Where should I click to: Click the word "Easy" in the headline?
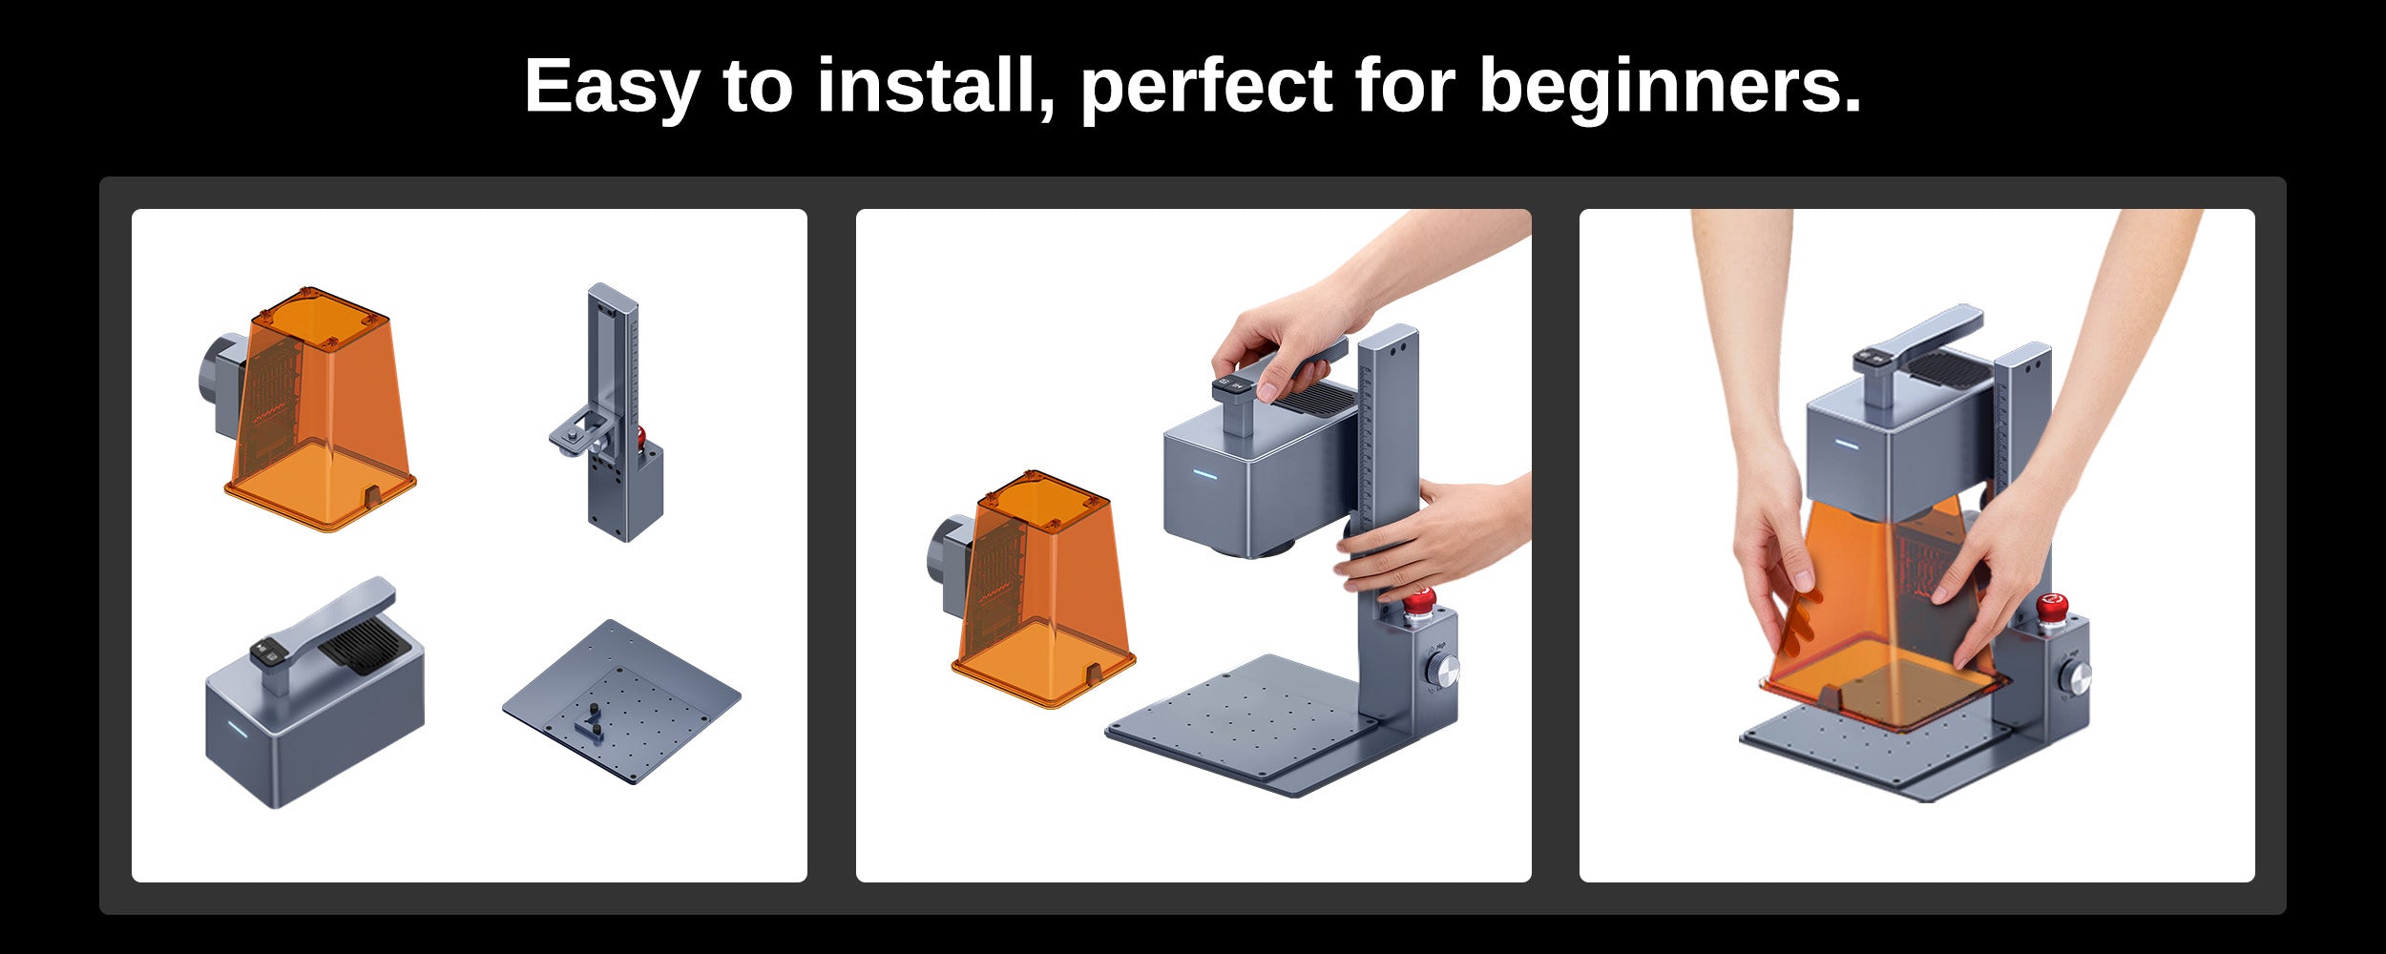(x=612, y=87)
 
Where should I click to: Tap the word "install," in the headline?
(x=935, y=85)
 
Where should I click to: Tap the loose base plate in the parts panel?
(x=621, y=702)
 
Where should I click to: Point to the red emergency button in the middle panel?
(x=1419, y=603)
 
